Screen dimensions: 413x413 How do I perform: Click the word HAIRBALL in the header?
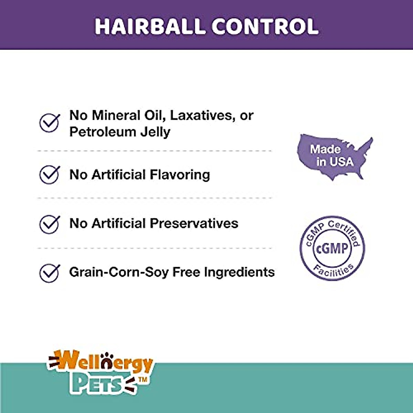(150, 27)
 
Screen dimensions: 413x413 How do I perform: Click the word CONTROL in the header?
(265, 27)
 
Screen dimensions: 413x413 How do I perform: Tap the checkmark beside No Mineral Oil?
(50, 123)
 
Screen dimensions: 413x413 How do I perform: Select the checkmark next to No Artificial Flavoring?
(50, 175)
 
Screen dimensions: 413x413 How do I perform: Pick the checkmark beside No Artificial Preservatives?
(50, 224)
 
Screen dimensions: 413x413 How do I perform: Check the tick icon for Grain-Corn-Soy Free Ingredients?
(50, 273)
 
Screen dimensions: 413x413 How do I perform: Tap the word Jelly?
(155, 133)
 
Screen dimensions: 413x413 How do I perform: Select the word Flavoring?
(180, 175)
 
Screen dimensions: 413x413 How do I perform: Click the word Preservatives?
(194, 224)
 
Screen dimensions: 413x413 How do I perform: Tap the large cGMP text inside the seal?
(332, 248)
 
